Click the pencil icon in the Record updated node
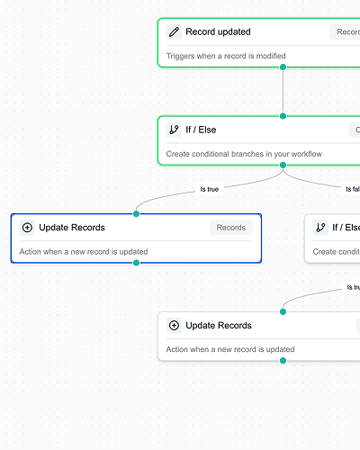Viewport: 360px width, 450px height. click(x=174, y=32)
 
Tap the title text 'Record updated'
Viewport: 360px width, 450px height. click(x=218, y=32)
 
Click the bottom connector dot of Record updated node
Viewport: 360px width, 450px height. click(x=283, y=67)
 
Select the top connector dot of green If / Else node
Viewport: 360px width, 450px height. click(x=283, y=116)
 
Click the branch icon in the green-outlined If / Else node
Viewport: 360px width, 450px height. click(x=174, y=130)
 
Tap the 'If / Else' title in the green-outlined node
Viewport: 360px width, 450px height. click(x=201, y=130)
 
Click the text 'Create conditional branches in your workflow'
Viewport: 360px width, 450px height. click(x=244, y=154)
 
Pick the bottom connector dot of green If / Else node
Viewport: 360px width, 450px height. click(x=283, y=165)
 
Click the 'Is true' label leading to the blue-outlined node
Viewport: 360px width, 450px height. click(x=209, y=189)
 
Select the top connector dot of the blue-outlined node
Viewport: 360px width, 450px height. click(x=136, y=214)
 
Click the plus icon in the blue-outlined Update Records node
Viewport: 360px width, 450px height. click(x=27, y=228)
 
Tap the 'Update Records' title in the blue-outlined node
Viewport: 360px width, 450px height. click(x=72, y=228)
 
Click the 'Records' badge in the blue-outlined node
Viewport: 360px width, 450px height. click(x=231, y=228)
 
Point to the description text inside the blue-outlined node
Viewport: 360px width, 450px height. click(x=84, y=252)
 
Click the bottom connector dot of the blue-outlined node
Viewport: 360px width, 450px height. click(x=136, y=263)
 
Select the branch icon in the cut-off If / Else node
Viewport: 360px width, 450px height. click(x=320, y=228)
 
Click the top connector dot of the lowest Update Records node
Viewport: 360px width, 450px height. click(x=283, y=311)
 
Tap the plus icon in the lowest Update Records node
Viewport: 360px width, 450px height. click(x=174, y=325)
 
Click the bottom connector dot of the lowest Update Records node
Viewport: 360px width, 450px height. click(x=283, y=360)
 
